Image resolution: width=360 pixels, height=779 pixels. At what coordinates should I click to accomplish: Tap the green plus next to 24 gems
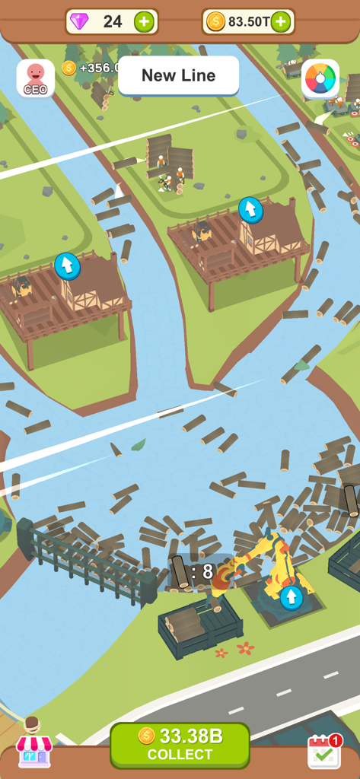[144, 21]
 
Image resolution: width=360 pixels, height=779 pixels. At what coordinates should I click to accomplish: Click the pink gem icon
[79, 21]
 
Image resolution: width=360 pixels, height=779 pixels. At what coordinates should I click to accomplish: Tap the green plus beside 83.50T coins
[281, 21]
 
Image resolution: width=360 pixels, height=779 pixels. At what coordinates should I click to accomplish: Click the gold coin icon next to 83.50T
[215, 21]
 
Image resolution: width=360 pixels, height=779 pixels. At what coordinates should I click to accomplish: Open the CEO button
[35, 78]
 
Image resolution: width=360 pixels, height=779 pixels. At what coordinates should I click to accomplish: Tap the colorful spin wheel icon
[320, 78]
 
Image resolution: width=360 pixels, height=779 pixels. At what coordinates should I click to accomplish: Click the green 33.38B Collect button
[180, 744]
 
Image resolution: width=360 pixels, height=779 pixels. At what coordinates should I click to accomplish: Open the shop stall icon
[34, 749]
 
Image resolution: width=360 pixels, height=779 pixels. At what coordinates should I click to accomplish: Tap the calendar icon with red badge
[323, 751]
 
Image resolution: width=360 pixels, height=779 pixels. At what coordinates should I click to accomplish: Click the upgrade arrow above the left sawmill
[67, 265]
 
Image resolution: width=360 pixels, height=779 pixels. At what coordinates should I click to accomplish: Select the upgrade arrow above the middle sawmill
[250, 209]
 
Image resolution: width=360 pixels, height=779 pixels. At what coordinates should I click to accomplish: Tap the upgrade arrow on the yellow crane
[291, 597]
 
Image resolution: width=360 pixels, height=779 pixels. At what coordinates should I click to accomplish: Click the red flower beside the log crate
[245, 648]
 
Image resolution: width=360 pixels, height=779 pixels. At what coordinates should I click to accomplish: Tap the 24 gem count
[113, 21]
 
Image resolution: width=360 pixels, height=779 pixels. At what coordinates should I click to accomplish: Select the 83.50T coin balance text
[249, 21]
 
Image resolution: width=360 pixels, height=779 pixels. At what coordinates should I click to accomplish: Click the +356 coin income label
[99, 68]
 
